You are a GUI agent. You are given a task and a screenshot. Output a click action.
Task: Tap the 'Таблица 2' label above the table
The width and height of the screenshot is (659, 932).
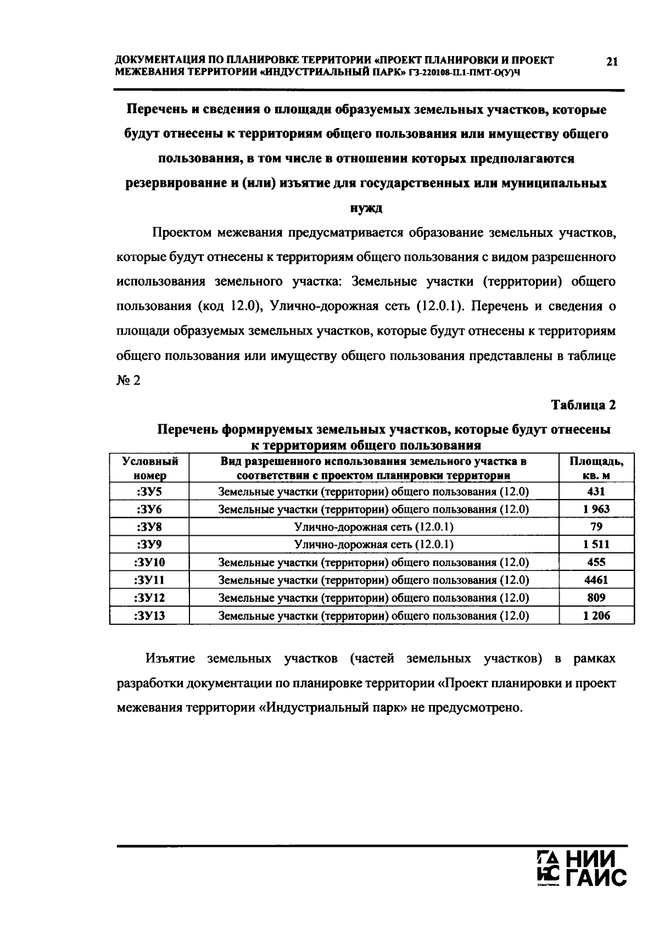[583, 405]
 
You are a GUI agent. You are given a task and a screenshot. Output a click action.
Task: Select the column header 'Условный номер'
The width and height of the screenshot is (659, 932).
[149, 468]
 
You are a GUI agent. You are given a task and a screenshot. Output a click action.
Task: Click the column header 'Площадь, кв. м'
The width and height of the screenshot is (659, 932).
[596, 468]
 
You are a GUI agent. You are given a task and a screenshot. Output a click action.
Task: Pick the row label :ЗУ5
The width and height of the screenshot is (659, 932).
[149, 491]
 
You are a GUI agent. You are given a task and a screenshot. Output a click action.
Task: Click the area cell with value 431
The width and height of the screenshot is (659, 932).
[596, 491]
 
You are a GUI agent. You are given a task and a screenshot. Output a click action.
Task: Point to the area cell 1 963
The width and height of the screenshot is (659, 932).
[596, 509]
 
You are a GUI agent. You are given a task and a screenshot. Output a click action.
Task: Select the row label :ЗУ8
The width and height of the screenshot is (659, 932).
[149, 526]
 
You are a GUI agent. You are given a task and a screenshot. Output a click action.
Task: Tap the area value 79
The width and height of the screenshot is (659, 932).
[596, 526]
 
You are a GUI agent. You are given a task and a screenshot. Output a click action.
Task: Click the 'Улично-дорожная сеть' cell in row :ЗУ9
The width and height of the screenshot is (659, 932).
[373, 545]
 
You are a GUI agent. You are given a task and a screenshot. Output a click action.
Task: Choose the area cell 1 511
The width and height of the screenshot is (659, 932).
[596, 545]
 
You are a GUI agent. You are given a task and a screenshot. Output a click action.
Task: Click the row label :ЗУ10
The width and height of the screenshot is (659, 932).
[149, 562]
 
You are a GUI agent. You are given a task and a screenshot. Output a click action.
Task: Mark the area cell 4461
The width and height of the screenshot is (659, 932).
[596, 580]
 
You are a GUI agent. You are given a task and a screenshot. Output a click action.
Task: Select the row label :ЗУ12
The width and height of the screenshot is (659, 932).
[149, 598]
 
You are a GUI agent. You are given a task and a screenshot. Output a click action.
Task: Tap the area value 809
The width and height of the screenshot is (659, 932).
[596, 598]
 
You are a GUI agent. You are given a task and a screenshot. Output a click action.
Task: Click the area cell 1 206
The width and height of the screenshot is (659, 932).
[596, 616]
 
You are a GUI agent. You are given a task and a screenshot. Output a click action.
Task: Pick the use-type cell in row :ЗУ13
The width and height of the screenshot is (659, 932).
[373, 616]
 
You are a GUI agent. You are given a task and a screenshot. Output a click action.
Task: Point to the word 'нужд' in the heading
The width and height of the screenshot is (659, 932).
[366, 208]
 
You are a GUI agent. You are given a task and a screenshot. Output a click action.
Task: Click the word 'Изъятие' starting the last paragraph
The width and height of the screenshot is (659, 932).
[170, 658]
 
